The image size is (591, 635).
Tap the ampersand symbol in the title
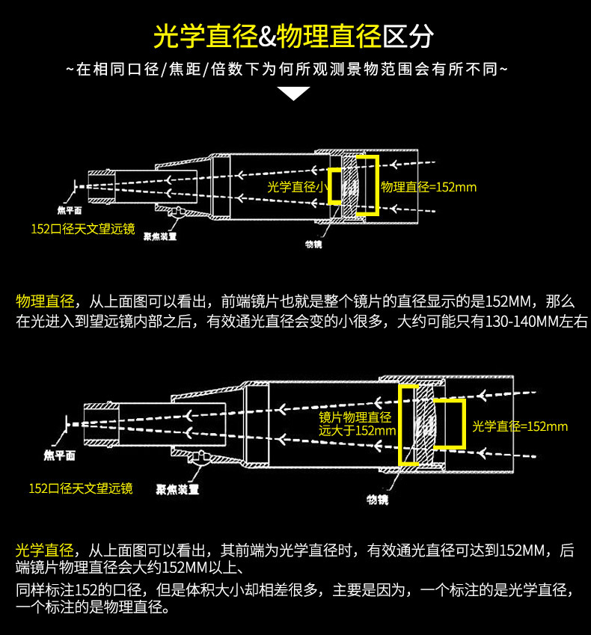click(267, 35)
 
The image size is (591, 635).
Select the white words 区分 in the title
click(408, 35)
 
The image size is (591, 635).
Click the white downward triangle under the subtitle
click(293, 93)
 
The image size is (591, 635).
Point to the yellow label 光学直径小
click(295, 187)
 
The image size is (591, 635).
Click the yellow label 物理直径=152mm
click(429, 187)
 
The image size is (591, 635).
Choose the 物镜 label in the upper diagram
click(313, 245)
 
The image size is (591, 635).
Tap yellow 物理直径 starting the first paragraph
click(45, 301)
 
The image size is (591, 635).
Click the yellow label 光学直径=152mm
click(520, 426)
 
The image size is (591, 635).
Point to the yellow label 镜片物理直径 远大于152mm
click(356, 423)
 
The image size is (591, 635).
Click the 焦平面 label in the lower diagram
click(59, 454)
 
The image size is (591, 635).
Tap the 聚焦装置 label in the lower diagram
click(177, 490)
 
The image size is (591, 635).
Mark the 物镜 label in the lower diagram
click(377, 499)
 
